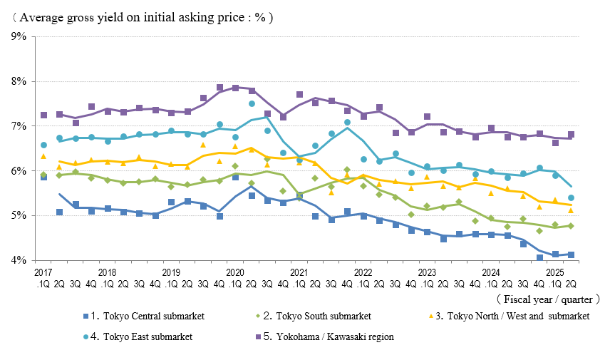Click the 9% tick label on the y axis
pyautogui.click(x=19, y=36)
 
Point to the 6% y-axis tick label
pyautogui.click(x=19, y=171)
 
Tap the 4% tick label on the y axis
pyautogui.click(x=19, y=261)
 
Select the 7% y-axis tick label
pyautogui.click(x=19, y=126)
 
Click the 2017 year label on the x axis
pyautogui.click(x=43, y=272)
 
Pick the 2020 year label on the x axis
pyautogui.click(x=235, y=272)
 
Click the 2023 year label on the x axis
pyautogui.click(x=427, y=272)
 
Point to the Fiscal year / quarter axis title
pyautogui.click(x=548, y=299)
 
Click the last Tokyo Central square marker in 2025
pyautogui.click(x=572, y=254)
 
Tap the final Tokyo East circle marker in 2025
pyautogui.click(x=572, y=197)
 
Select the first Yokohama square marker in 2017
pyautogui.click(x=43, y=115)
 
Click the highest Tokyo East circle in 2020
pyautogui.click(x=252, y=104)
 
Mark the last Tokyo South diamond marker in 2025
pyautogui.click(x=572, y=226)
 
